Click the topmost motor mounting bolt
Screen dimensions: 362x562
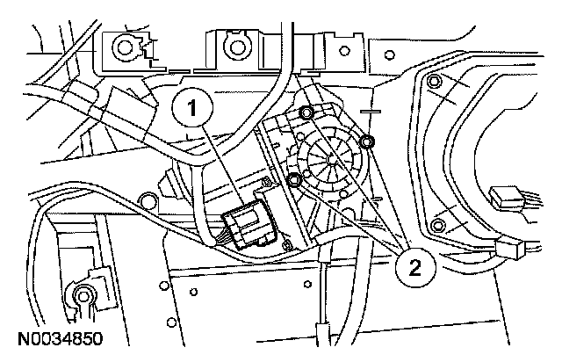[306, 112]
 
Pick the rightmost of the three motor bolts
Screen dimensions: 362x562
[368, 141]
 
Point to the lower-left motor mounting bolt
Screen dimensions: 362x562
[294, 180]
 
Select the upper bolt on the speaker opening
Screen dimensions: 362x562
[434, 84]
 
